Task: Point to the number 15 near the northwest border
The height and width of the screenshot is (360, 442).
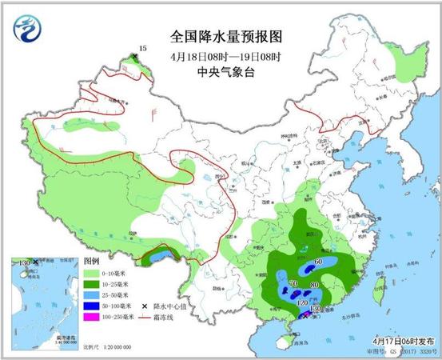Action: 143,50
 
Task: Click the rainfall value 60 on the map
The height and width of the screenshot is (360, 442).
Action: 318,262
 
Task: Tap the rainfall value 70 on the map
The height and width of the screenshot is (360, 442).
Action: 293,283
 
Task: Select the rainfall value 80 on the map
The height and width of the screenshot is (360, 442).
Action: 314,285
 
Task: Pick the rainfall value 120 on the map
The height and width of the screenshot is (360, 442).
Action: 302,304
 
